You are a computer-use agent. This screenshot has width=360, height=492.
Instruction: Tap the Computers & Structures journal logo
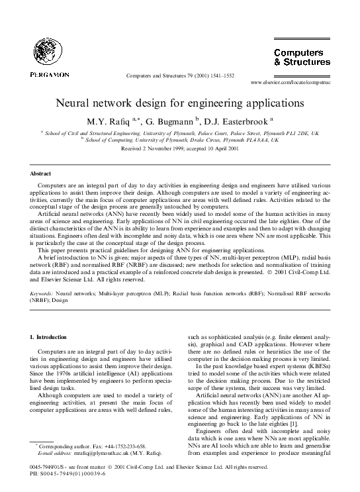[302, 58]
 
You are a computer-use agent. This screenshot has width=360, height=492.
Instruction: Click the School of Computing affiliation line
[180, 140]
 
